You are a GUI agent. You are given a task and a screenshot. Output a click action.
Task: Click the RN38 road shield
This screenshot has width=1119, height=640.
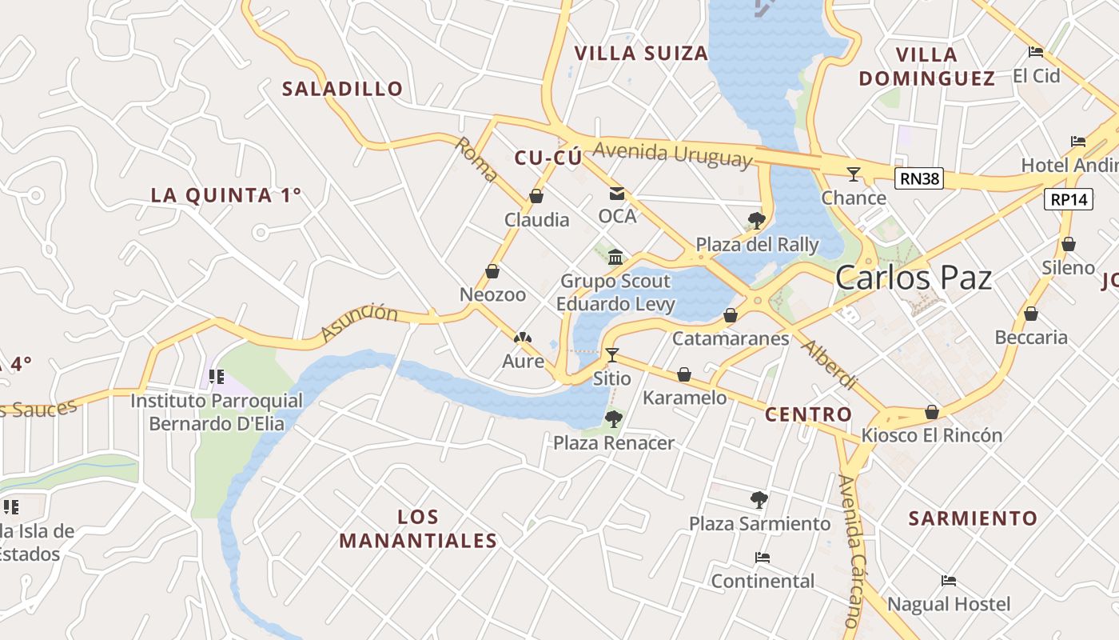click(x=919, y=179)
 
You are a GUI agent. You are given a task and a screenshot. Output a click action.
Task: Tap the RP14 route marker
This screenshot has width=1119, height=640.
click(x=1068, y=199)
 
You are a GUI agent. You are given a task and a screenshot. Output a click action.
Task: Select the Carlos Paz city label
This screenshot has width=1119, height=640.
click(x=914, y=278)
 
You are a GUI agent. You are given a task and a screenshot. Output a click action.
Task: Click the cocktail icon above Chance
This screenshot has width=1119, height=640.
click(x=854, y=174)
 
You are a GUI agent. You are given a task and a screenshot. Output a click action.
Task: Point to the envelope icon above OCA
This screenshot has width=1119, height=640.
click(x=617, y=194)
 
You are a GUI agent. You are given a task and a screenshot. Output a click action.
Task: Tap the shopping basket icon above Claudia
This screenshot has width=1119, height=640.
click(x=536, y=196)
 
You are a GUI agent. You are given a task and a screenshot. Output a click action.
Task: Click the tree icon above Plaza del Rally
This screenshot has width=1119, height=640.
click(x=756, y=220)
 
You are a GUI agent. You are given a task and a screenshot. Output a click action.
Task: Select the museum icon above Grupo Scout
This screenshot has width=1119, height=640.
click(x=615, y=257)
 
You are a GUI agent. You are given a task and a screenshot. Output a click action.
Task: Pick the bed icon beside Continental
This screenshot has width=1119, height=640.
click(x=763, y=558)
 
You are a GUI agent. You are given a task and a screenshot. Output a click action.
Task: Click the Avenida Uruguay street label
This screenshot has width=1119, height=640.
click(x=673, y=154)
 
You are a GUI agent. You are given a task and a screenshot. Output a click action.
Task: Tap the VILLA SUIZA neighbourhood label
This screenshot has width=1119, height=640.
click(x=641, y=54)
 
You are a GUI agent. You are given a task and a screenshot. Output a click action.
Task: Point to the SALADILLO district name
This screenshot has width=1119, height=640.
click(x=342, y=89)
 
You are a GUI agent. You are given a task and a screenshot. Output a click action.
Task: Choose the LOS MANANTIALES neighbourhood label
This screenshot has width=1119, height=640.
click(x=418, y=529)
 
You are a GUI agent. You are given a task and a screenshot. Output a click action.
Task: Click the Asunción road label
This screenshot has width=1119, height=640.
click(x=359, y=322)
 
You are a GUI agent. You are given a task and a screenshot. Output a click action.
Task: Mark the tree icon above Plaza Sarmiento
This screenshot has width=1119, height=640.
click(x=759, y=500)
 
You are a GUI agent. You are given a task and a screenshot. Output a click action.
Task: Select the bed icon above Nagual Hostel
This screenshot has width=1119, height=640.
click(x=949, y=581)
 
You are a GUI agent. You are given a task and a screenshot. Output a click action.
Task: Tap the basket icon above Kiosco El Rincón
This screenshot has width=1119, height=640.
click(x=931, y=412)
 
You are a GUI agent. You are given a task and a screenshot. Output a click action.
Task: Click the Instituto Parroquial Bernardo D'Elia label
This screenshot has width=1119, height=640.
click(x=217, y=412)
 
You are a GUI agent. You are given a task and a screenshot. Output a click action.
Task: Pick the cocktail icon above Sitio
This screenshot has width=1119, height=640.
click(x=612, y=354)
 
